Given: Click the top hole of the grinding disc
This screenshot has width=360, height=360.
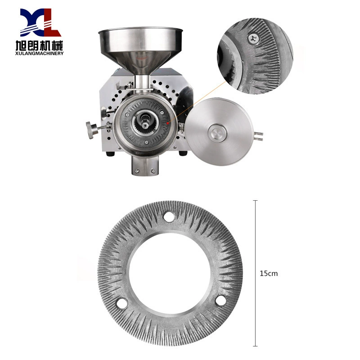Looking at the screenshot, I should coord(170,216).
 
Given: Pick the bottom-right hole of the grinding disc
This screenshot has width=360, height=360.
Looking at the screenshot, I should coord(220,301).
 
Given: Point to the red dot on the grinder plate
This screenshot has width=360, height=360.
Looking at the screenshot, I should coord(167,122).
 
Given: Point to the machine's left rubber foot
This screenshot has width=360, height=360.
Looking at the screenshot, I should coord(110,154).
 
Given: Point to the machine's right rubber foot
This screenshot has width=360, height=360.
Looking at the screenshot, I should coord(182,153).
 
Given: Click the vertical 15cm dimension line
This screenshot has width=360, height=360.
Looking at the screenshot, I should coord(256,234).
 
